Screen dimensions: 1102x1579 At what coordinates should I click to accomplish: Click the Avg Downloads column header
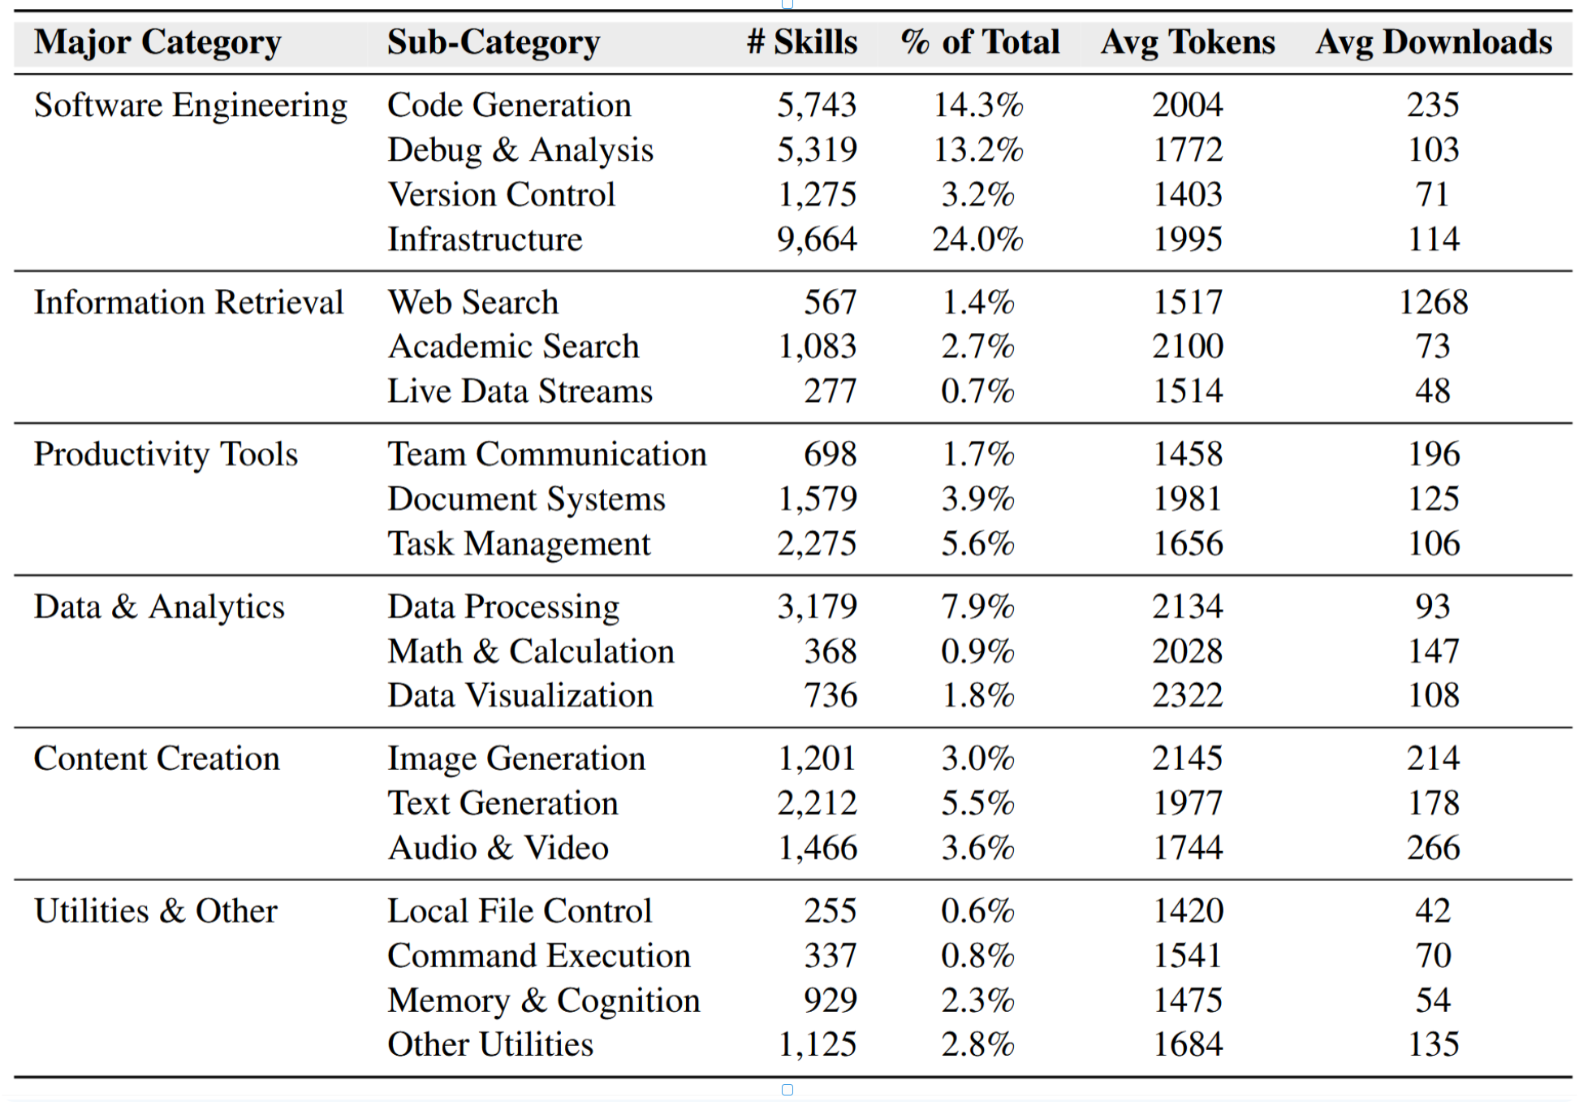click(x=1434, y=42)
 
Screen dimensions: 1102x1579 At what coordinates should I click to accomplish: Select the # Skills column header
click(x=801, y=42)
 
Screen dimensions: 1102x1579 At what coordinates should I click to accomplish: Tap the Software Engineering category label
click(x=191, y=106)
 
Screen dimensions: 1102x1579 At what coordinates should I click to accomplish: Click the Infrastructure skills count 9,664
click(x=816, y=240)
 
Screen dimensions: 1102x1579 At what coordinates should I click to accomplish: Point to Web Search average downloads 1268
click(x=1433, y=303)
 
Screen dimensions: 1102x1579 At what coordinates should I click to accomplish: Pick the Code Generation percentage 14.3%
click(x=977, y=106)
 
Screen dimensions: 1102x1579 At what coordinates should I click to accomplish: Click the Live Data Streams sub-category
click(x=520, y=391)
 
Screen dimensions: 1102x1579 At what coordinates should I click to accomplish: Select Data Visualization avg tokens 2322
click(x=1187, y=696)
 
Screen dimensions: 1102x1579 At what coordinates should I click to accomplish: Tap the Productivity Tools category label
click(x=166, y=455)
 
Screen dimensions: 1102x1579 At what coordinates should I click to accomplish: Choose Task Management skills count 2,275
click(x=816, y=544)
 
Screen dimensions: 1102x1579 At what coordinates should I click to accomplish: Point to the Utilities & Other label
click(x=155, y=911)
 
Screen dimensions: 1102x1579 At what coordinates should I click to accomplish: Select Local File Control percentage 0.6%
click(x=977, y=911)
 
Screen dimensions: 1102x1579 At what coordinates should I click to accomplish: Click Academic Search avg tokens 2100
click(x=1187, y=347)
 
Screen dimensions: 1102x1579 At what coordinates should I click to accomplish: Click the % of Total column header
click(x=979, y=42)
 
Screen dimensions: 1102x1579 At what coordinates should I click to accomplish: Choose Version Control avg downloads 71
click(x=1433, y=195)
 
